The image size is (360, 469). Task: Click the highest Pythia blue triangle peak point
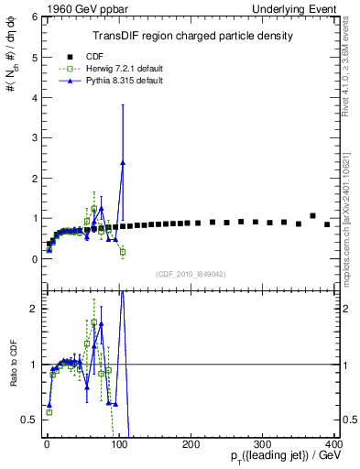[123, 163]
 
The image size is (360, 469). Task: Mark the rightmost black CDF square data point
[327, 224]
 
